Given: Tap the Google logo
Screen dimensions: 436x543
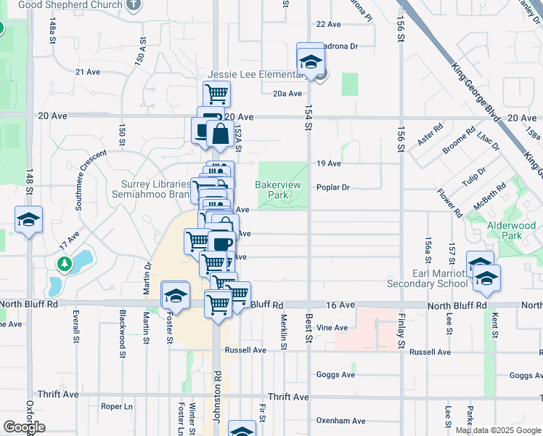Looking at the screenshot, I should (x=24, y=427).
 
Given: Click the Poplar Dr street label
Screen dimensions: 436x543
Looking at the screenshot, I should (x=333, y=187).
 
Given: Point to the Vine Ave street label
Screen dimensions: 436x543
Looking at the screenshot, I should (x=332, y=328).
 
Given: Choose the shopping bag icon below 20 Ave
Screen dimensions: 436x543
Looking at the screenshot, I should (x=219, y=134).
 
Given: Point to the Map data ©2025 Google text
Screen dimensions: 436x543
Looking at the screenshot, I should (x=498, y=430).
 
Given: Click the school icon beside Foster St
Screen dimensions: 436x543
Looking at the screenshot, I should (x=175, y=295).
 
